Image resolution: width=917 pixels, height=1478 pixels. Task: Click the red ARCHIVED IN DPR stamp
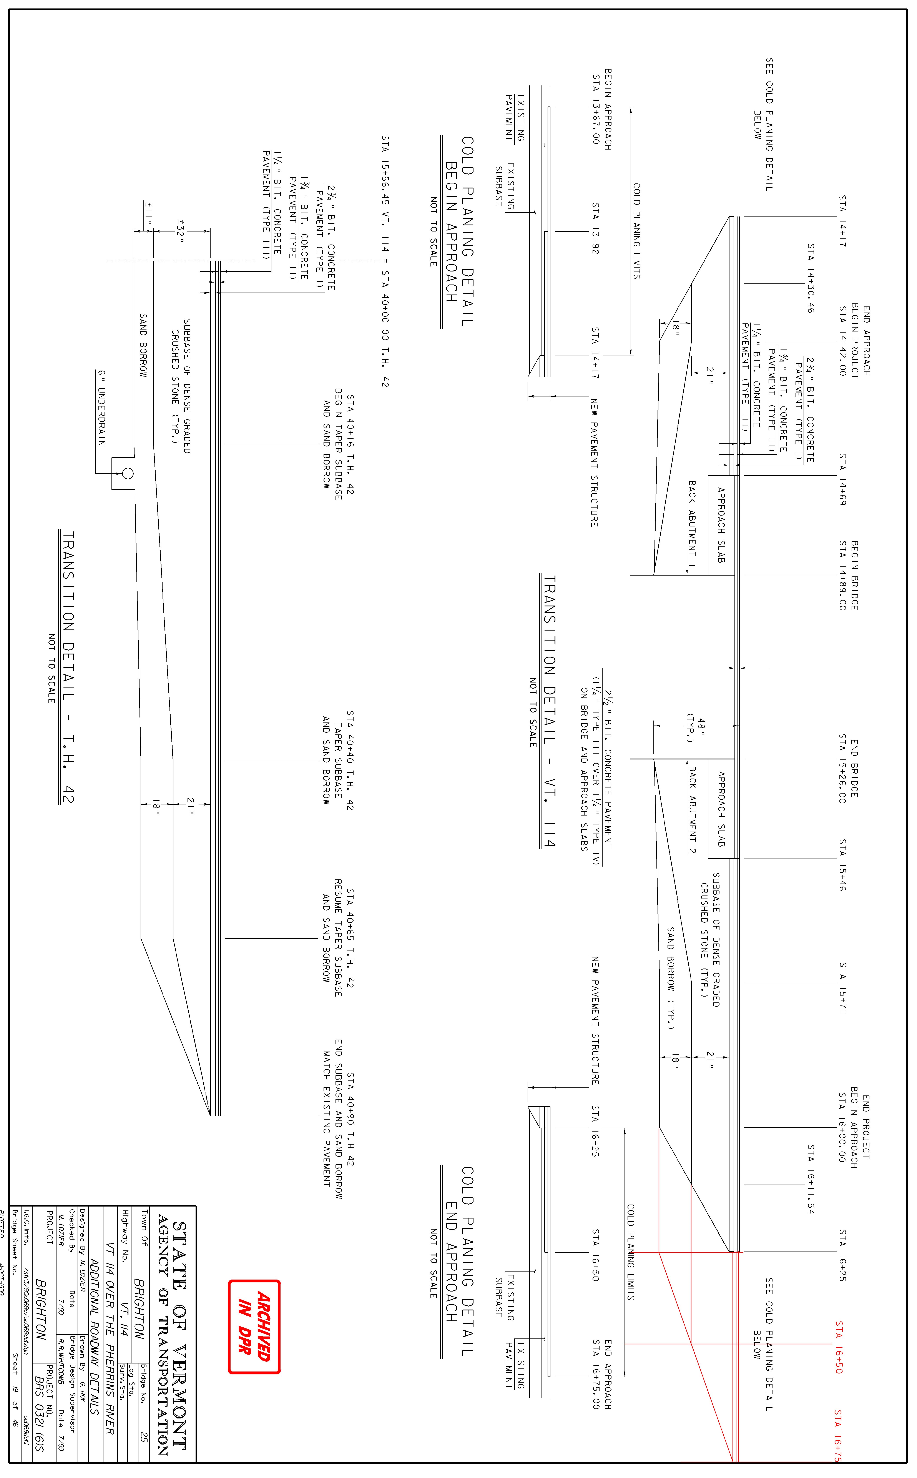click(x=254, y=1326)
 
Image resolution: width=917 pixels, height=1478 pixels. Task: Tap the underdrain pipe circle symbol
click(x=127, y=473)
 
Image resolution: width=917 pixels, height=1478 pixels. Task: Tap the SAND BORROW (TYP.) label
click(x=671, y=978)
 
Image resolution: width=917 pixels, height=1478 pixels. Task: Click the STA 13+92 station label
click(x=595, y=228)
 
